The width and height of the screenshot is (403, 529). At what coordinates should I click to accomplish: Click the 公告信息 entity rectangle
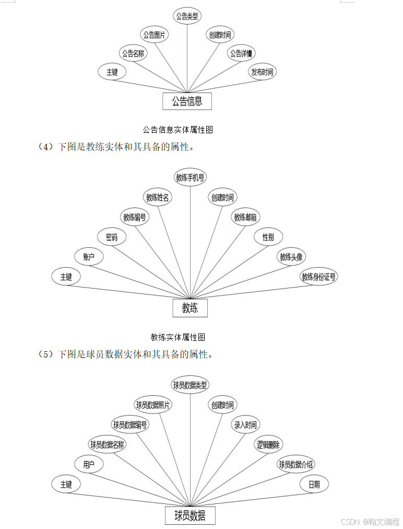187,101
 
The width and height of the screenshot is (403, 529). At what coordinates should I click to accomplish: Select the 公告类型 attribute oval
187,16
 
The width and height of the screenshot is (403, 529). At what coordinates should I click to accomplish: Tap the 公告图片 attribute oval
155,35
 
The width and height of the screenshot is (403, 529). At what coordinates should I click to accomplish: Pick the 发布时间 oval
262,72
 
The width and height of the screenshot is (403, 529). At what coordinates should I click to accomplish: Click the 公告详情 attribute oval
241,53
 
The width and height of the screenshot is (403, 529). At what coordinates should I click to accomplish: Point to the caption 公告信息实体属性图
177,129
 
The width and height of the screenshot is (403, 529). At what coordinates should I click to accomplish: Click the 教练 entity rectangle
190,308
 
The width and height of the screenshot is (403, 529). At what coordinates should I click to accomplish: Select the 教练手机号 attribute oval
191,178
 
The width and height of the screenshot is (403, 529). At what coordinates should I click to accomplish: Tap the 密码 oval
112,237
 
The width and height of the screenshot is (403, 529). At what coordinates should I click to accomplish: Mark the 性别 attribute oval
268,237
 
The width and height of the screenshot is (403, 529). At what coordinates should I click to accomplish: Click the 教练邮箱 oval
245,217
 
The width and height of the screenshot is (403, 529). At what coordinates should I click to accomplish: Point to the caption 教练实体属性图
177,337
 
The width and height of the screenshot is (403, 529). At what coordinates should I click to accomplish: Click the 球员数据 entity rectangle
190,516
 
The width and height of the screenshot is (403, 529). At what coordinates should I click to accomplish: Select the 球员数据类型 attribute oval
191,385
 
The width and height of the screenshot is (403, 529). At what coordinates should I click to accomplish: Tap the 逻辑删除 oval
268,445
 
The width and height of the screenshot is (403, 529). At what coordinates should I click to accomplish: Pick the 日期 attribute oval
314,484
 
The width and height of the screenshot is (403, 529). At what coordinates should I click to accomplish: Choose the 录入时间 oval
245,425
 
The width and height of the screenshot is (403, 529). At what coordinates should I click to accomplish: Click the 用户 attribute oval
89,464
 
